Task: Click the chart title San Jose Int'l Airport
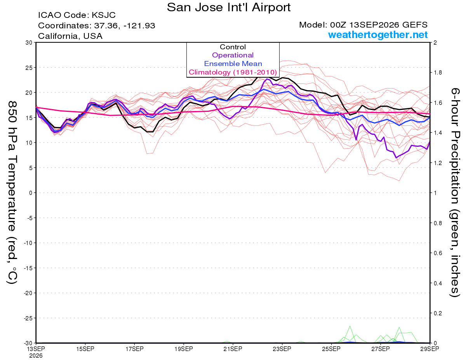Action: (229, 7)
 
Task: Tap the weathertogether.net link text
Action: (378, 35)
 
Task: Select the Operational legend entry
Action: (233, 55)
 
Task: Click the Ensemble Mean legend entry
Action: (233, 64)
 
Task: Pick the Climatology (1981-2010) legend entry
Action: (233, 72)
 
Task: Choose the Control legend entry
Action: (233, 47)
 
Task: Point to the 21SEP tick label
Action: (233, 349)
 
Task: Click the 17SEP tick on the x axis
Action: (134, 349)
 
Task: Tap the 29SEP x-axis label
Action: (429, 349)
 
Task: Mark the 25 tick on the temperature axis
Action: (29, 68)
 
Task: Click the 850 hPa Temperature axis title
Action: (12, 193)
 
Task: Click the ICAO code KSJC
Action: (104, 15)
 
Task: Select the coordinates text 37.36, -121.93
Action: (125, 26)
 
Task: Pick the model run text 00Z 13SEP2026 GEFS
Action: (379, 25)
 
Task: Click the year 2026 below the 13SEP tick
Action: (36, 356)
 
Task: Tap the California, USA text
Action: (70, 36)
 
